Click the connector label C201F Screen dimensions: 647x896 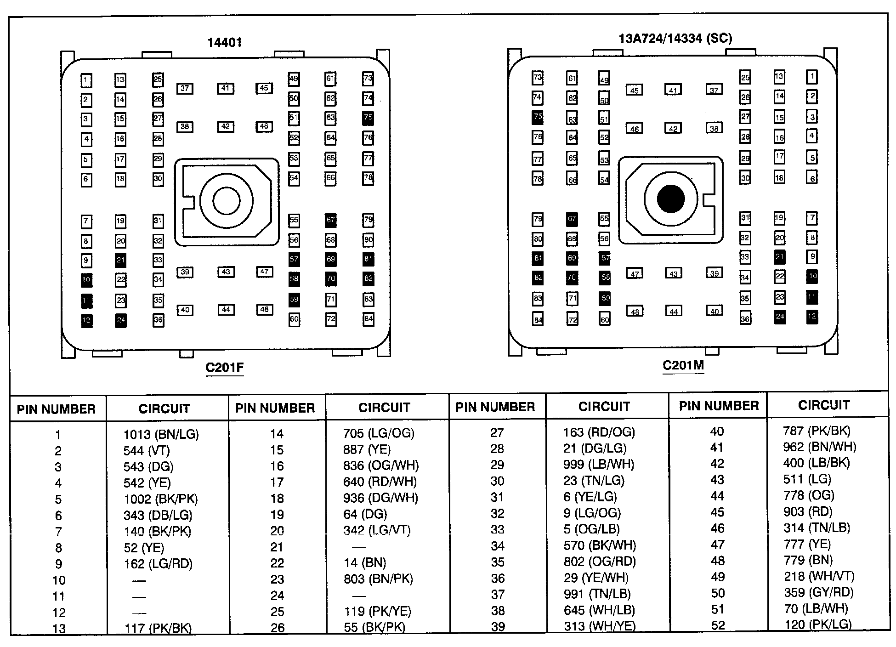pos(224,368)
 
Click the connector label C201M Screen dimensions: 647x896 pos(683,365)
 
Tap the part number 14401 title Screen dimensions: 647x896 pos(224,42)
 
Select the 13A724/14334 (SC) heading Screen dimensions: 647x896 pos(675,38)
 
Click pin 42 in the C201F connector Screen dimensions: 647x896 pos(225,126)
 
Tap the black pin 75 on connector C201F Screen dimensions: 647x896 pos(368,118)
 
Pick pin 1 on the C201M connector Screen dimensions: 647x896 pos(812,77)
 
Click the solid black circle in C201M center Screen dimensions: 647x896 pos(671,199)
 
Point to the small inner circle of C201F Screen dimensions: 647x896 pos(226,201)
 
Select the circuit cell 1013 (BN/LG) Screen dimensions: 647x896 pos(161,434)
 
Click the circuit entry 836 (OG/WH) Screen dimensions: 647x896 pos(380,465)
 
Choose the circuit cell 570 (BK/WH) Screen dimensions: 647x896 pos(599,545)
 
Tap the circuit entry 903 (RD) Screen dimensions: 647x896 pos(807,511)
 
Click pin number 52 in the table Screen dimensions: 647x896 pos(718,625)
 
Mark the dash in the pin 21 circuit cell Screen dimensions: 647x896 pos(359,547)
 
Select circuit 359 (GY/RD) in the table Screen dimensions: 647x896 pos(818,592)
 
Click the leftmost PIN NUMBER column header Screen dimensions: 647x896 pos(56,409)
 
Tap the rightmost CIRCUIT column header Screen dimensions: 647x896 pos(823,405)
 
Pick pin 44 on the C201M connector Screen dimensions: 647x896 pos(673,312)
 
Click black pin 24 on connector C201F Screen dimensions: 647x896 pos(120,320)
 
